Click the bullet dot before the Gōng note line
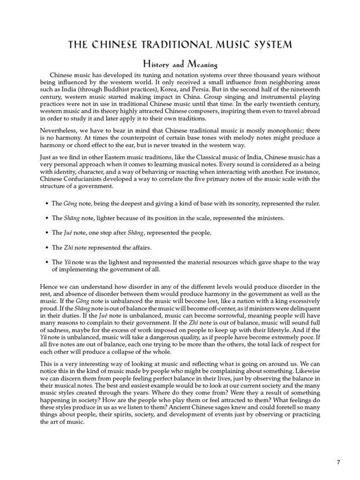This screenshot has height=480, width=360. pyautogui.click(x=46, y=204)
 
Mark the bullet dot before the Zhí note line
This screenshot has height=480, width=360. pyautogui.click(x=46, y=247)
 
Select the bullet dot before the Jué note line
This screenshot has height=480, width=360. pyautogui.click(x=46, y=233)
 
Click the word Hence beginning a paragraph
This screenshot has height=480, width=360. pyautogui.click(x=49, y=286)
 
